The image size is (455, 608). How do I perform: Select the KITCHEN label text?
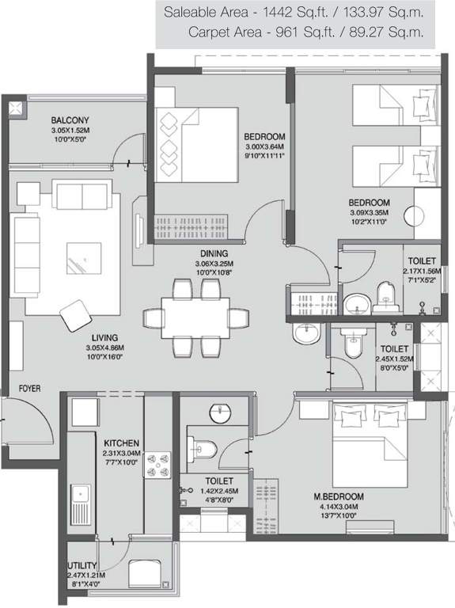pyautogui.click(x=121, y=443)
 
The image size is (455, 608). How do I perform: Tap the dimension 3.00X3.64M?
pyautogui.click(x=265, y=146)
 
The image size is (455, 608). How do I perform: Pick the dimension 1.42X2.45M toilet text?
pyautogui.click(x=219, y=491)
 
